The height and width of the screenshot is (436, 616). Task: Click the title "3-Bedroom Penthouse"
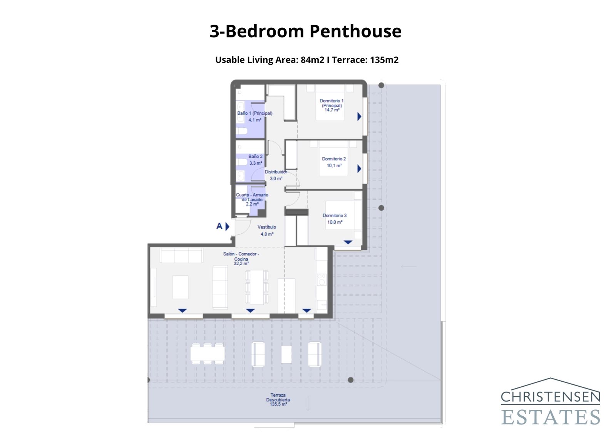click(305, 31)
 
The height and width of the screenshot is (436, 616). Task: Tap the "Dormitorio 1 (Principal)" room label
click(331, 103)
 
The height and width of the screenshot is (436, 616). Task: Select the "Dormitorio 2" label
click(334, 159)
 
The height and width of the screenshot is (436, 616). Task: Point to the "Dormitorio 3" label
click(335, 215)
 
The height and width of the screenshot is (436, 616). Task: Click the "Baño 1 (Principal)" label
click(254, 113)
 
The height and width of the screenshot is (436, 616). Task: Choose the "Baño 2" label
click(255, 157)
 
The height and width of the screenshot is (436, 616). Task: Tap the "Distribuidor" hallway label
click(276, 172)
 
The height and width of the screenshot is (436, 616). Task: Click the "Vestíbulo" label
click(267, 227)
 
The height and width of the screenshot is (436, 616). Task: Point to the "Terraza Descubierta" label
click(278, 397)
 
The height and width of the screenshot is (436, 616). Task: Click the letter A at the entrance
click(219, 226)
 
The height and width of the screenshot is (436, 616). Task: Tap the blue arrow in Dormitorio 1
click(359, 116)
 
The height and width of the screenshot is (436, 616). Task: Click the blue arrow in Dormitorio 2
click(359, 168)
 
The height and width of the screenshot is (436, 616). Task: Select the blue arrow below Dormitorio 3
click(348, 242)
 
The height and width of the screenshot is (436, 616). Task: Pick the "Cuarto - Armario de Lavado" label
click(252, 197)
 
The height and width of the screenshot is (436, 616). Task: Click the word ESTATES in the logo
click(551, 417)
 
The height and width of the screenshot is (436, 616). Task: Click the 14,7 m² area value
click(332, 110)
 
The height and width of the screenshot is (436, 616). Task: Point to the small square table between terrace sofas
click(286, 354)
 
